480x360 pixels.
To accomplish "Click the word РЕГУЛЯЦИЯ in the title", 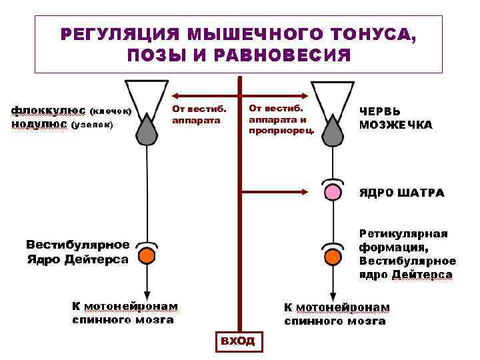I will click(119, 34).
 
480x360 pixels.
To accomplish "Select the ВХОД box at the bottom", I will click(238, 341).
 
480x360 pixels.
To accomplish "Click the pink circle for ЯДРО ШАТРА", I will click(332, 193).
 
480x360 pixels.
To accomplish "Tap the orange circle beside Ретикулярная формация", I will click(332, 256).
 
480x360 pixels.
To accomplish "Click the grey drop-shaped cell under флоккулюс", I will click(147, 129).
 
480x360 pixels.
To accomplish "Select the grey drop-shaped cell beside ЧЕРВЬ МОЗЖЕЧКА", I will click(332, 129).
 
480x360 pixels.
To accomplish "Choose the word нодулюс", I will click(39, 124).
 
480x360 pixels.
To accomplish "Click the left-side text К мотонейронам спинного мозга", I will click(125, 313).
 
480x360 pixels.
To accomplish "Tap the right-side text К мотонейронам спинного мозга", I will click(336, 314).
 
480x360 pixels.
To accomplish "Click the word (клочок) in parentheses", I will click(110, 112).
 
